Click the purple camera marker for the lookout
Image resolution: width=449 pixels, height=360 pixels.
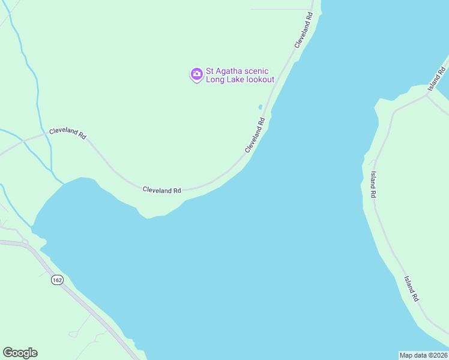click(x=196, y=74)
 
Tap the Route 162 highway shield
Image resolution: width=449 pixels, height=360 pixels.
click(x=57, y=280)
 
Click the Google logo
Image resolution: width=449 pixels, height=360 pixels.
click(x=20, y=353)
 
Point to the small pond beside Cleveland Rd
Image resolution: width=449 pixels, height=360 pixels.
click(x=260, y=107)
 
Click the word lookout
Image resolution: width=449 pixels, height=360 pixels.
click(x=260, y=79)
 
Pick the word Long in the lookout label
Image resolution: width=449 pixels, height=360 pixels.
click(x=215, y=79)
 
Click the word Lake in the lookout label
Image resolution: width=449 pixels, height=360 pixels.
click(x=235, y=79)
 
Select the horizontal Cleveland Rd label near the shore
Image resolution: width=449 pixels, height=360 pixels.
click(x=161, y=190)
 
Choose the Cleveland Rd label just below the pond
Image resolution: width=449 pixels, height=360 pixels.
click(x=255, y=135)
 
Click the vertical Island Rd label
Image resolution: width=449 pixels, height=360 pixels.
click(x=373, y=185)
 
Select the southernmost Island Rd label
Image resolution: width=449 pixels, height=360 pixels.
click(x=411, y=289)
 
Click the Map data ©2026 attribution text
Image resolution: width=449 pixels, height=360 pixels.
click(x=423, y=355)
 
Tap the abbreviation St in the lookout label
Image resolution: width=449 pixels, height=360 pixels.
click(x=211, y=71)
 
